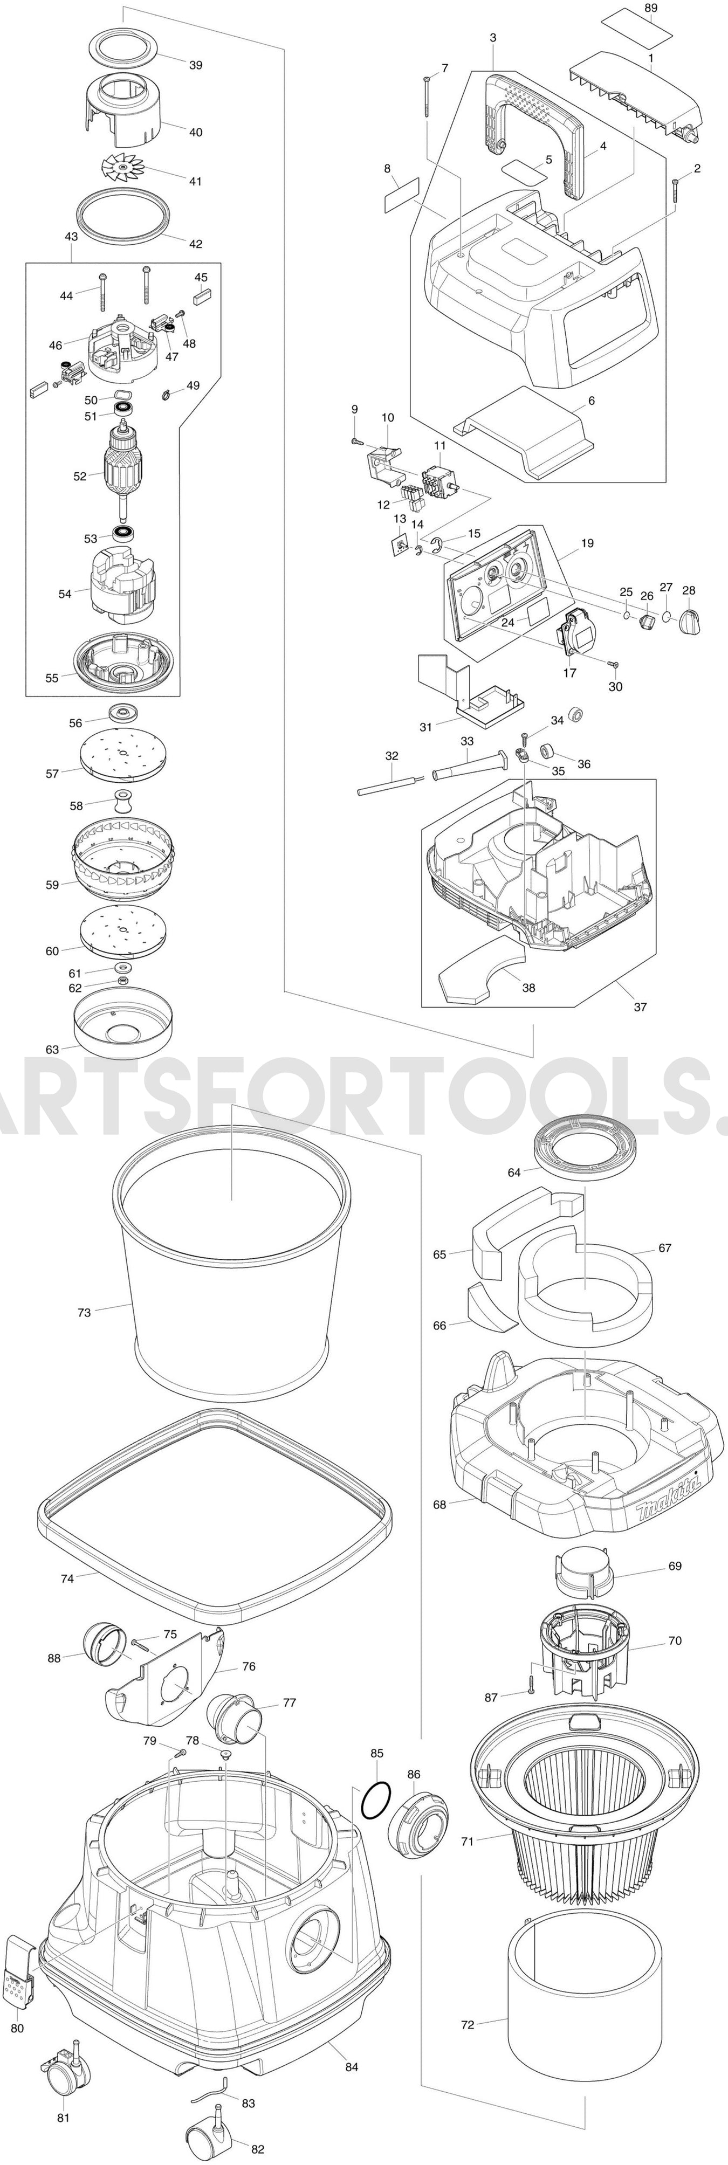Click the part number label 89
coord(651,8)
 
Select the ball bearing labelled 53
coord(125,535)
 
